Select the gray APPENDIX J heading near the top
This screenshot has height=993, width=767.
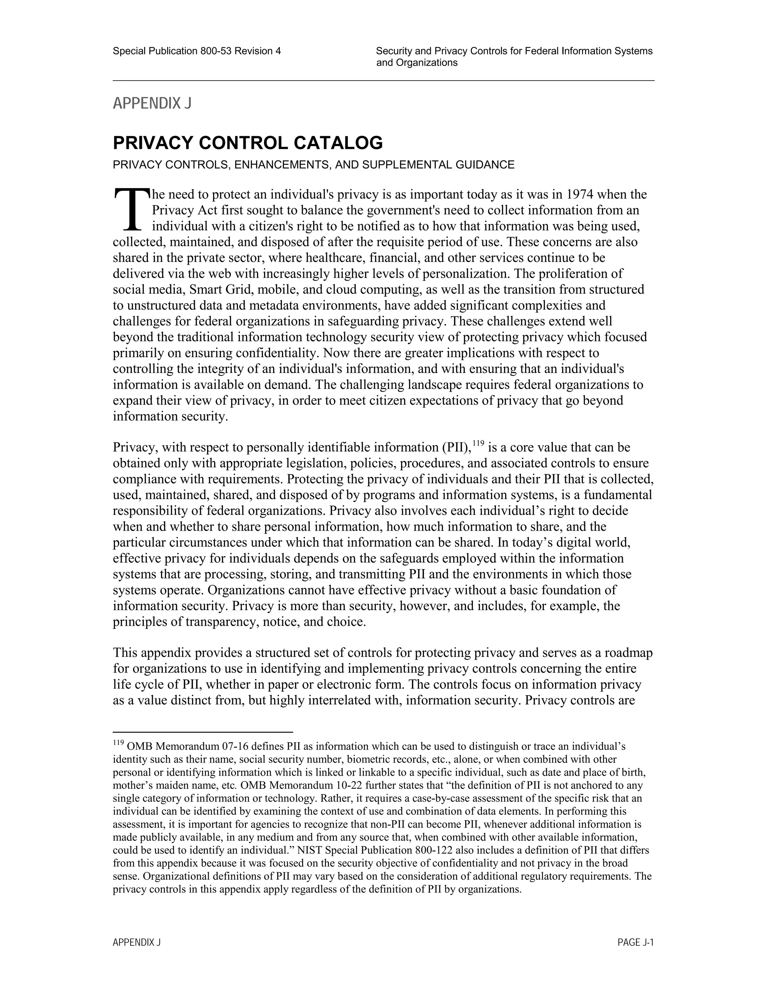[x=152, y=104]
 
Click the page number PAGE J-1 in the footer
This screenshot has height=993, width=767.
[x=635, y=942]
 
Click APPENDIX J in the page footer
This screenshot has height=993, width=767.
[x=137, y=942]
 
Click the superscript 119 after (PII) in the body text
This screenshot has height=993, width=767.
[x=479, y=443]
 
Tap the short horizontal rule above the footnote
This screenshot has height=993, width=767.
[x=203, y=733]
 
